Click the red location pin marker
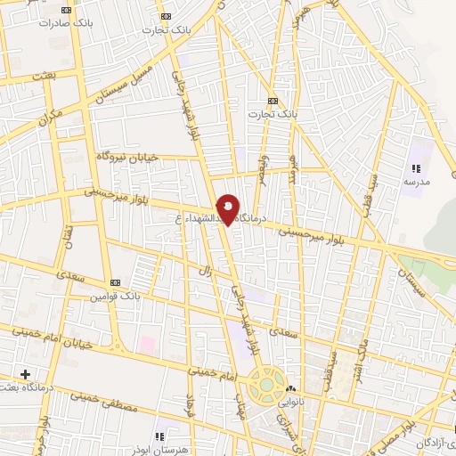tap(229, 208)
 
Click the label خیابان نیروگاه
tap(127, 157)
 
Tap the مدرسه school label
tap(416, 181)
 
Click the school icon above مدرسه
tap(415, 167)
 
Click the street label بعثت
tap(43, 78)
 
